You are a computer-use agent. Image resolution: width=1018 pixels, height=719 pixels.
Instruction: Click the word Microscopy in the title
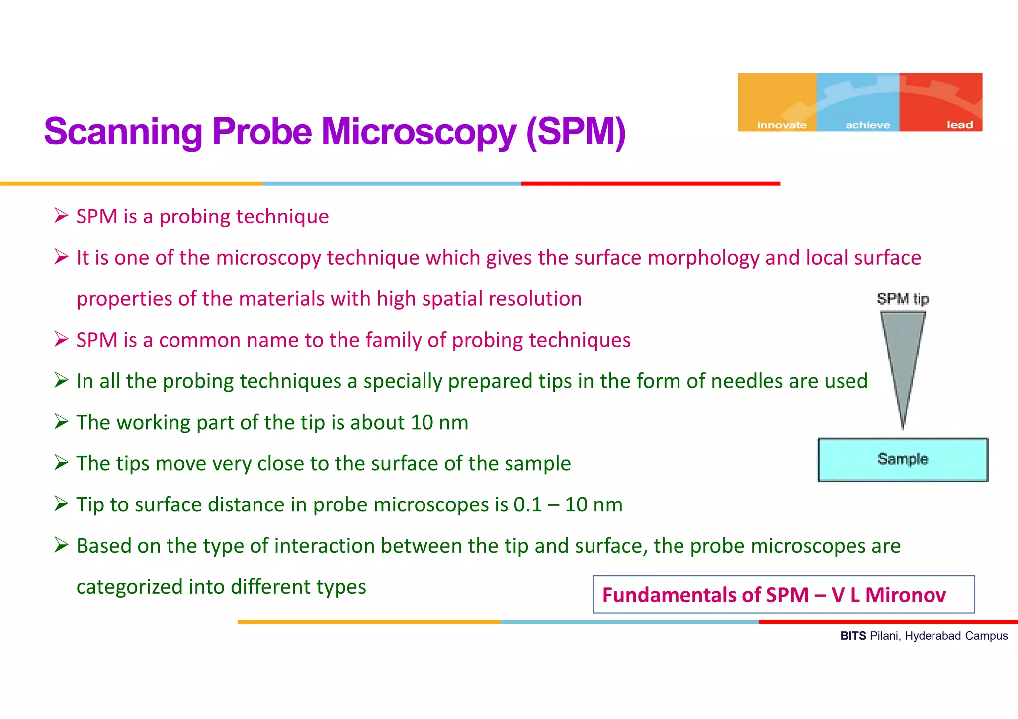point(419,132)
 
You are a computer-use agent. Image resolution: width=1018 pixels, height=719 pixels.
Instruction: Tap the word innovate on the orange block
point(781,125)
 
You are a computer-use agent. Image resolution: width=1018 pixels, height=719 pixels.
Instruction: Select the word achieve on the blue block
point(868,125)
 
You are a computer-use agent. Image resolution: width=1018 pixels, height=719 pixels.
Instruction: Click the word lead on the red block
point(959,125)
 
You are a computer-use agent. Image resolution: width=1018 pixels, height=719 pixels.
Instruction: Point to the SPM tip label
point(902,299)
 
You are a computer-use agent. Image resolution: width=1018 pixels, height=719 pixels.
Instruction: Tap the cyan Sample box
point(903,459)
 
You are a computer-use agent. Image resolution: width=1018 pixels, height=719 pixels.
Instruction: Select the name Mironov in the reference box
point(905,595)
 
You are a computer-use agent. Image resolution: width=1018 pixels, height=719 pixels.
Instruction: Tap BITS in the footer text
point(853,636)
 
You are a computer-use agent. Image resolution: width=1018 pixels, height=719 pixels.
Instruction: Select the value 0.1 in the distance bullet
point(527,505)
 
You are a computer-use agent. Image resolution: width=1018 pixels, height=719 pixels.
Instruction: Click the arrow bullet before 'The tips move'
point(61,463)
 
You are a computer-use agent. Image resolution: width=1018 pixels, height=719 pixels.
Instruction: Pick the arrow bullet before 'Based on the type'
point(61,545)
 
